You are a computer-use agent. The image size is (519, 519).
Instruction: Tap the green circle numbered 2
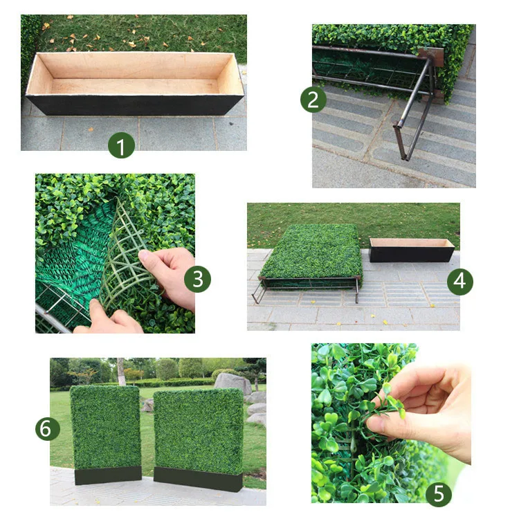tap(313, 100)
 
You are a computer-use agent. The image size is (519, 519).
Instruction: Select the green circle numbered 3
tap(198, 279)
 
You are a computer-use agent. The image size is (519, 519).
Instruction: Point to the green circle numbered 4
tap(460, 282)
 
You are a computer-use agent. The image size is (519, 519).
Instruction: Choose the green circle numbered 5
tap(439, 494)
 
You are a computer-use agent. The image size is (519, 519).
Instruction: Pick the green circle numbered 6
tap(48, 428)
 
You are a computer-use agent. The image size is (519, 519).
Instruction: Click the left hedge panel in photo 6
tap(106, 428)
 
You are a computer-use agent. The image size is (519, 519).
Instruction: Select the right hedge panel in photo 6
tap(199, 430)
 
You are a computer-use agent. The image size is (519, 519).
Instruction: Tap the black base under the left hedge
tap(108, 475)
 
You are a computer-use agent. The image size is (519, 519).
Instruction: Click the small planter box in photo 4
tap(411, 249)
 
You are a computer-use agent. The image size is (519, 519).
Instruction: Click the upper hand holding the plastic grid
tap(170, 273)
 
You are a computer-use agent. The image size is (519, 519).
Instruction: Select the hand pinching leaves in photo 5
tap(429, 408)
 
